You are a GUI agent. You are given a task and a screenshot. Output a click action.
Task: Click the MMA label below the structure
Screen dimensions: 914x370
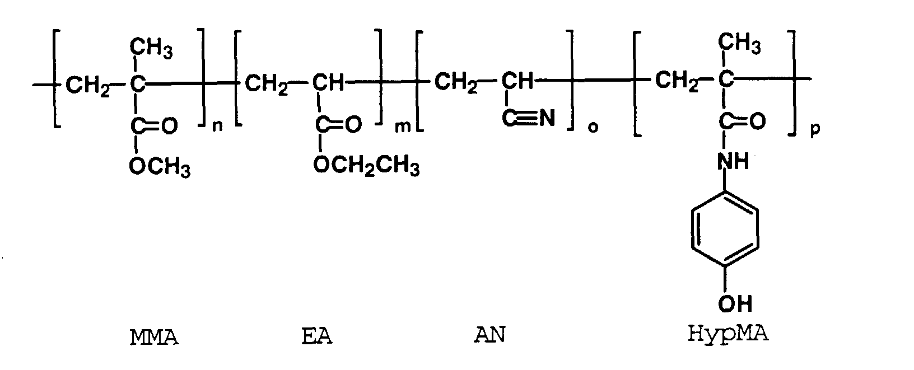[x=154, y=338]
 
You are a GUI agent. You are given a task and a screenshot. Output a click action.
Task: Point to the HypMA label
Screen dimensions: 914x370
[x=728, y=334]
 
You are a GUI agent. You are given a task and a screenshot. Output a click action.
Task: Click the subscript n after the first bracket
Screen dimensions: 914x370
[x=218, y=127]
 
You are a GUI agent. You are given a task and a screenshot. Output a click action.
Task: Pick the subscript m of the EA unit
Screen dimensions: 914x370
[x=403, y=127]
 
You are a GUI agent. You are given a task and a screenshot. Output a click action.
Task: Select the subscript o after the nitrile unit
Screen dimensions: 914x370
[x=593, y=128]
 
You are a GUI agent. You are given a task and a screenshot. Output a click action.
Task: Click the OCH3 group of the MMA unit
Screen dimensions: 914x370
[x=159, y=166]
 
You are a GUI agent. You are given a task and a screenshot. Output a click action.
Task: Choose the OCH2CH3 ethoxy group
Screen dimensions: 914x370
[x=366, y=165]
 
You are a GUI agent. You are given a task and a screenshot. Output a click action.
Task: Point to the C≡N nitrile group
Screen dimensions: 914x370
[x=528, y=119]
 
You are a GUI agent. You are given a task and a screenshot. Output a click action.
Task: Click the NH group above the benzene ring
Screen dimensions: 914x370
[x=733, y=162]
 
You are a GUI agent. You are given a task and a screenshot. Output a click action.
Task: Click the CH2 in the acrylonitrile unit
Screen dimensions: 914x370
[x=456, y=83]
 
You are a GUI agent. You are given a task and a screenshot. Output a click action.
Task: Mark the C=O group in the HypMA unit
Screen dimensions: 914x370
[x=742, y=121]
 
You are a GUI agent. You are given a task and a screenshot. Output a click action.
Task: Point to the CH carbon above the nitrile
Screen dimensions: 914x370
[x=517, y=81]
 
